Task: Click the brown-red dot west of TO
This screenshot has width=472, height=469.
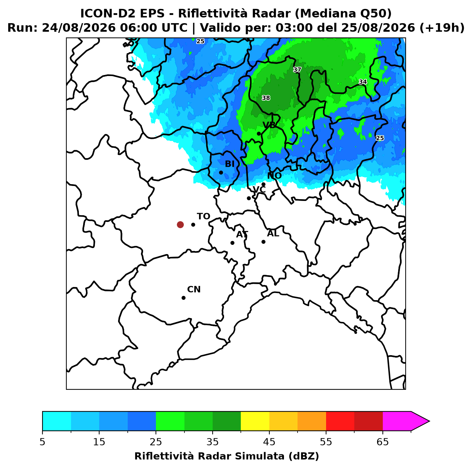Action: click(180, 225)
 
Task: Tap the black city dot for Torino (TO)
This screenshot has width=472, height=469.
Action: click(193, 225)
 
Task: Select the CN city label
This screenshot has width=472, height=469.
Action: click(194, 289)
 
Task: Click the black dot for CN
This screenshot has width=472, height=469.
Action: click(183, 298)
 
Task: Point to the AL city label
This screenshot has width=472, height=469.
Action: click(273, 233)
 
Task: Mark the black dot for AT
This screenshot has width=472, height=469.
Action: click(233, 243)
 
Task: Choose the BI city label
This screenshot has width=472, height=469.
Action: click(229, 164)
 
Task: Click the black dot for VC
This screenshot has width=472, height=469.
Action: click(249, 198)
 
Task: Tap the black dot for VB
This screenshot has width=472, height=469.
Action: click(259, 133)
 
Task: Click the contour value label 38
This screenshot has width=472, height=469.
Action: click(266, 98)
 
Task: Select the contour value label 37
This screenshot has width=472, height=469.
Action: click(297, 70)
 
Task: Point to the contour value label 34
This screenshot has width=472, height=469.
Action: click(363, 82)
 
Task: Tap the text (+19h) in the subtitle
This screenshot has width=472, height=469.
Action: click(442, 28)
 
